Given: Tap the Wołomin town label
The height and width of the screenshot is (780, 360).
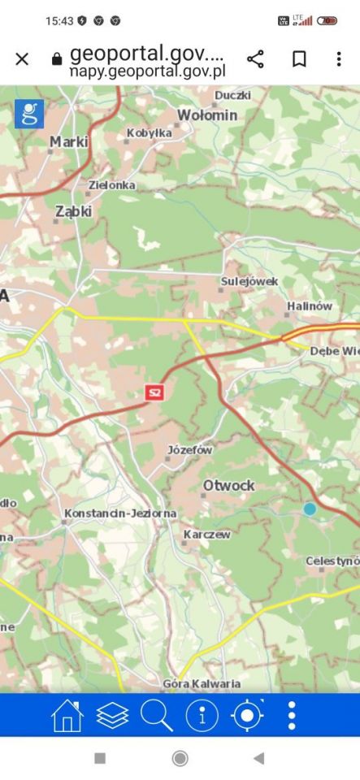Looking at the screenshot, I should click(x=207, y=115).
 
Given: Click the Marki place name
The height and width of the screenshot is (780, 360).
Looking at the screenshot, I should click(x=68, y=142).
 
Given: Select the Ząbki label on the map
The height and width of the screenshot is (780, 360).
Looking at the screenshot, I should click(x=73, y=211).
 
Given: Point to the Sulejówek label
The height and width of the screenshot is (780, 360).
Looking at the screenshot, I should click(x=249, y=281).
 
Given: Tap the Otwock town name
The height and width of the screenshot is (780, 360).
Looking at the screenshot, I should click(x=228, y=485).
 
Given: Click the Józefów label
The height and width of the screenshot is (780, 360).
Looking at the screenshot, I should click(x=189, y=449).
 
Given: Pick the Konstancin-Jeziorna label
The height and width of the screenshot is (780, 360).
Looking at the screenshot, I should click(x=120, y=513).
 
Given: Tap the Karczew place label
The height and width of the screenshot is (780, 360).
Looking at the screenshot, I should click(x=207, y=535).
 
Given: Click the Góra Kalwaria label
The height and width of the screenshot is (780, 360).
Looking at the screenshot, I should click(x=197, y=683).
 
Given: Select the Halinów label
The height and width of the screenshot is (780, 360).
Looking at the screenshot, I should click(x=309, y=306).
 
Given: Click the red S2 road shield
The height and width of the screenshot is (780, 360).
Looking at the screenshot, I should click(x=154, y=392).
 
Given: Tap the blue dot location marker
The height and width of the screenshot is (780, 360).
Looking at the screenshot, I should click(x=310, y=509).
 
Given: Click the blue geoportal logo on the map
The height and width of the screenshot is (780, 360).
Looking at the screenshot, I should click(x=29, y=114).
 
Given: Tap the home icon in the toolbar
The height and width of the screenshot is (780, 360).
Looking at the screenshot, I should click(x=67, y=715).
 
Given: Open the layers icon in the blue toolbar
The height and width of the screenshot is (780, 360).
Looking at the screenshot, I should click(x=113, y=715).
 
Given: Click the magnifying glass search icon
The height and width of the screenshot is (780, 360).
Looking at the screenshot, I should click(x=157, y=715).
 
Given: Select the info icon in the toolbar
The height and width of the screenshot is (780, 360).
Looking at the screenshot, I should click(x=202, y=715).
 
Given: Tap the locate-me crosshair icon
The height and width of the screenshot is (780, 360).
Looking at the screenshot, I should click(x=247, y=715).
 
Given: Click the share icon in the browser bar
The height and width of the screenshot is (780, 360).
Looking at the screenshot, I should click(x=255, y=58).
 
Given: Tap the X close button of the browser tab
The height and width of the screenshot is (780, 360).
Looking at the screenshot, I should click(x=22, y=58).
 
